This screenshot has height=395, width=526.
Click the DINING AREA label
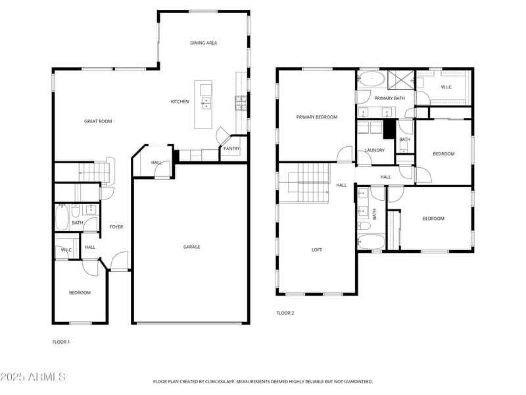click(203, 43)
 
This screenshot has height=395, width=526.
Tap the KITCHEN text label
click(179, 101)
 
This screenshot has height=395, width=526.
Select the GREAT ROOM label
click(98, 121)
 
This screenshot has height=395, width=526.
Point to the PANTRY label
click(231, 149)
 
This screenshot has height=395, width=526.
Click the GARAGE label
click(191, 247)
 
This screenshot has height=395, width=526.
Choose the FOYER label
click(116, 227)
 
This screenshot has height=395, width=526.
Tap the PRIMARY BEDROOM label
click(316, 117)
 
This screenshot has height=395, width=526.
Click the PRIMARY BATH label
click(389, 98)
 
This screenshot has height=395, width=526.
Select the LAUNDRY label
click(374, 150)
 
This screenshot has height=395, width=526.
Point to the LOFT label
click(316, 250)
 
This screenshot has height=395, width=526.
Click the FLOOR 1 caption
click(61, 342)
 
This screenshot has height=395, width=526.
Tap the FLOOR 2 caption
click(285, 313)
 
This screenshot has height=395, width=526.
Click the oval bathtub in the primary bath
click(373, 78)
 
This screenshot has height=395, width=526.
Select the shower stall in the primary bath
click(399, 79)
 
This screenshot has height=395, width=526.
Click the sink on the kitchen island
click(206, 102)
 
